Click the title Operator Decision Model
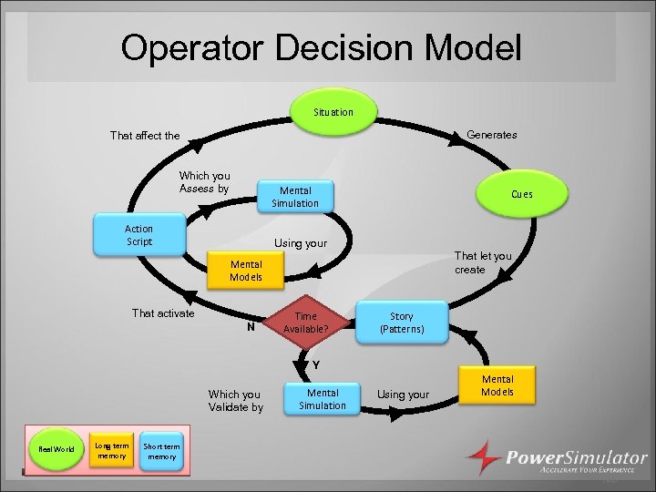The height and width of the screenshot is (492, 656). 322,48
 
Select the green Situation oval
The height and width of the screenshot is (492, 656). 333,112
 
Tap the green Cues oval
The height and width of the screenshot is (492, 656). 521,194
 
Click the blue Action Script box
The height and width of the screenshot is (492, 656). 139,235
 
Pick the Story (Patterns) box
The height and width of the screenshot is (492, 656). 402,323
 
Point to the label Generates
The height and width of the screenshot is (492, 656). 491,135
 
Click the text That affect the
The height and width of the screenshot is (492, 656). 145,136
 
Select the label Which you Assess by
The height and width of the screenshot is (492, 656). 204,182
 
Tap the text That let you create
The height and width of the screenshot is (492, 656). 483,263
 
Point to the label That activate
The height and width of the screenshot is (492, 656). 163,313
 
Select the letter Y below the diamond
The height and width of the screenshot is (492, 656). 315,365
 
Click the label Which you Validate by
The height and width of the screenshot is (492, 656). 235,401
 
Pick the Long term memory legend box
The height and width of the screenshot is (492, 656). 112,450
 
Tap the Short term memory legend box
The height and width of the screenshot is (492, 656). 162,451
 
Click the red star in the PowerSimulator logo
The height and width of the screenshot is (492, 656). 483,456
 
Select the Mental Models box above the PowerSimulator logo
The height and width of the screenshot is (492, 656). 497,385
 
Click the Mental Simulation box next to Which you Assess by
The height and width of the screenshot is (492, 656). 295,197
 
